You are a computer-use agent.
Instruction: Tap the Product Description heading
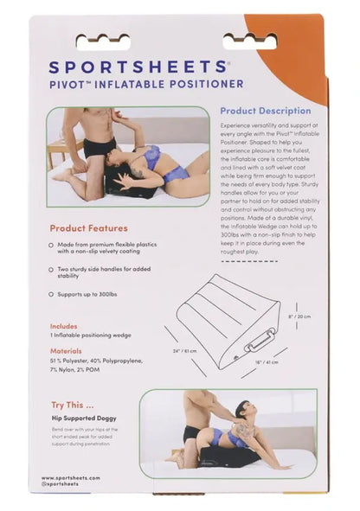click(265, 112)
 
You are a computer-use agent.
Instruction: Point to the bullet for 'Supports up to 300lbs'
click(52, 294)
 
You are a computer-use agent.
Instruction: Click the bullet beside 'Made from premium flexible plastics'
click(52, 246)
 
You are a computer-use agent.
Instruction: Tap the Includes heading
click(63, 327)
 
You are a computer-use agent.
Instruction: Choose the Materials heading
click(66, 350)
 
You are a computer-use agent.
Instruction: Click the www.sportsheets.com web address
click(71, 477)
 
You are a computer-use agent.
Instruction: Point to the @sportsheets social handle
click(61, 484)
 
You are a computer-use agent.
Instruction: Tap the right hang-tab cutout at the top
click(253, 40)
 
